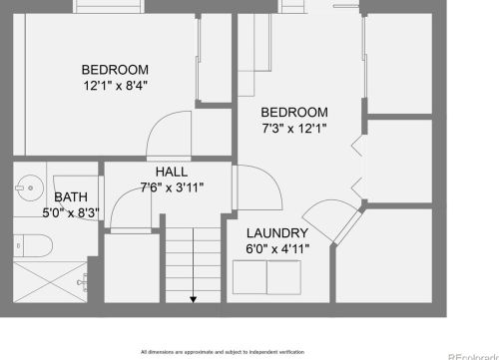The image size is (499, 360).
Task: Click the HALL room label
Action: pos(172,171)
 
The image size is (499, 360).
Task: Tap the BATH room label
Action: pos(71,196)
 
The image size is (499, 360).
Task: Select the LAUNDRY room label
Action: pos(276,232)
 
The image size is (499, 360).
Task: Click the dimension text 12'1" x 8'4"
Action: pos(115,86)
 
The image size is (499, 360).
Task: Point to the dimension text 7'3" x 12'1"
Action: pos(294,128)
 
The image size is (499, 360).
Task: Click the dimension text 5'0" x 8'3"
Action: pos(71,211)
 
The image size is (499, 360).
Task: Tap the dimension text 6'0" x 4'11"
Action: pos(276,247)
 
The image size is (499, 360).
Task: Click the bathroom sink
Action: pos(29,186)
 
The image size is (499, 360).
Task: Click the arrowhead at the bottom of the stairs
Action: pos(192,297)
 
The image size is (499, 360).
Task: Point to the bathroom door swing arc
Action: pos(126,207)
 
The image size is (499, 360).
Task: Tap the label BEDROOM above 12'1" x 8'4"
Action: pos(115,70)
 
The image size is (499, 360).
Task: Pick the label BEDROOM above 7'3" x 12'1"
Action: pos(294,112)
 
